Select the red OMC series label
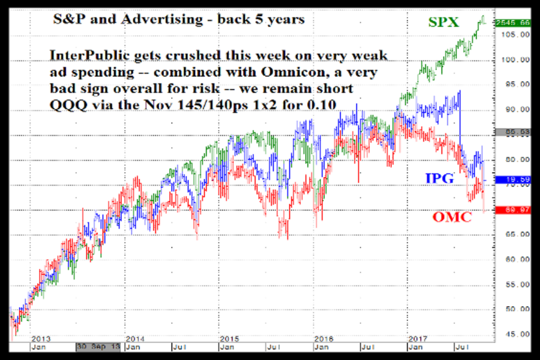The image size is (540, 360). pyautogui.click(x=452, y=217)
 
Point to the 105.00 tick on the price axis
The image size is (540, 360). pyautogui.click(x=516, y=35)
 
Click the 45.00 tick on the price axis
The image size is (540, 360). pyautogui.click(x=516, y=334)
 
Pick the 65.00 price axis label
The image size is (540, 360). pyautogui.click(x=516, y=234)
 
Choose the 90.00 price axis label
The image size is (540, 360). pyautogui.click(x=516, y=109)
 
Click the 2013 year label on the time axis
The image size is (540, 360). pyautogui.click(x=40, y=338)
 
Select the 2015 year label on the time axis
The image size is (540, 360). pyautogui.click(x=229, y=338)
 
